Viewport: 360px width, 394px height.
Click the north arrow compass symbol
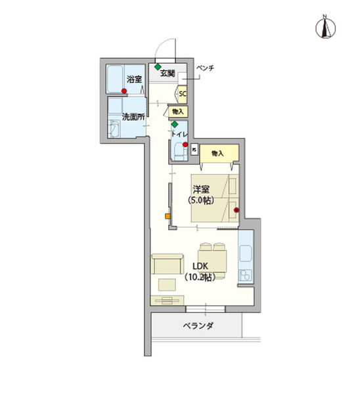tap(325, 27)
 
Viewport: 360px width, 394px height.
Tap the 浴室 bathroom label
tap(134, 79)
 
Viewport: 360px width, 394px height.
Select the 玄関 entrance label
tap(168, 74)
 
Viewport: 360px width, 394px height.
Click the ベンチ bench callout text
tap(206, 68)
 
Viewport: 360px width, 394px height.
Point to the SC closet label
tap(183, 94)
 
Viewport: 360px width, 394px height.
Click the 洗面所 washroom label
tap(133, 117)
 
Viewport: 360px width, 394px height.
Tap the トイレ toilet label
tap(179, 134)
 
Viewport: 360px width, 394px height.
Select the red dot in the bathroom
tap(124, 91)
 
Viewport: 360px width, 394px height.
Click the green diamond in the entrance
tap(158, 67)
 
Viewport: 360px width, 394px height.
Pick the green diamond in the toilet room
tap(175, 124)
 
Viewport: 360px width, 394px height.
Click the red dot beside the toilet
tap(185, 144)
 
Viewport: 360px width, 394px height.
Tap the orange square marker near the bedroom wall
tap(168, 216)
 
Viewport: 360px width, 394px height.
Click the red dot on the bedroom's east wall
tap(236, 210)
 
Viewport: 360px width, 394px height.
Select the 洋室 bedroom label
tap(201, 189)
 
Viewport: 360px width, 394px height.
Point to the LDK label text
tap(200, 266)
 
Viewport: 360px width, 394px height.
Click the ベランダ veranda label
tap(198, 326)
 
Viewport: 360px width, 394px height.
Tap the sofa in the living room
tap(168, 264)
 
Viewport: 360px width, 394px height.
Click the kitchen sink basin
tap(246, 253)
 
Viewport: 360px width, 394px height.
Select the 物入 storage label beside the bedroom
tap(217, 153)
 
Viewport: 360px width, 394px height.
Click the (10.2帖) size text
tap(200, 277)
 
